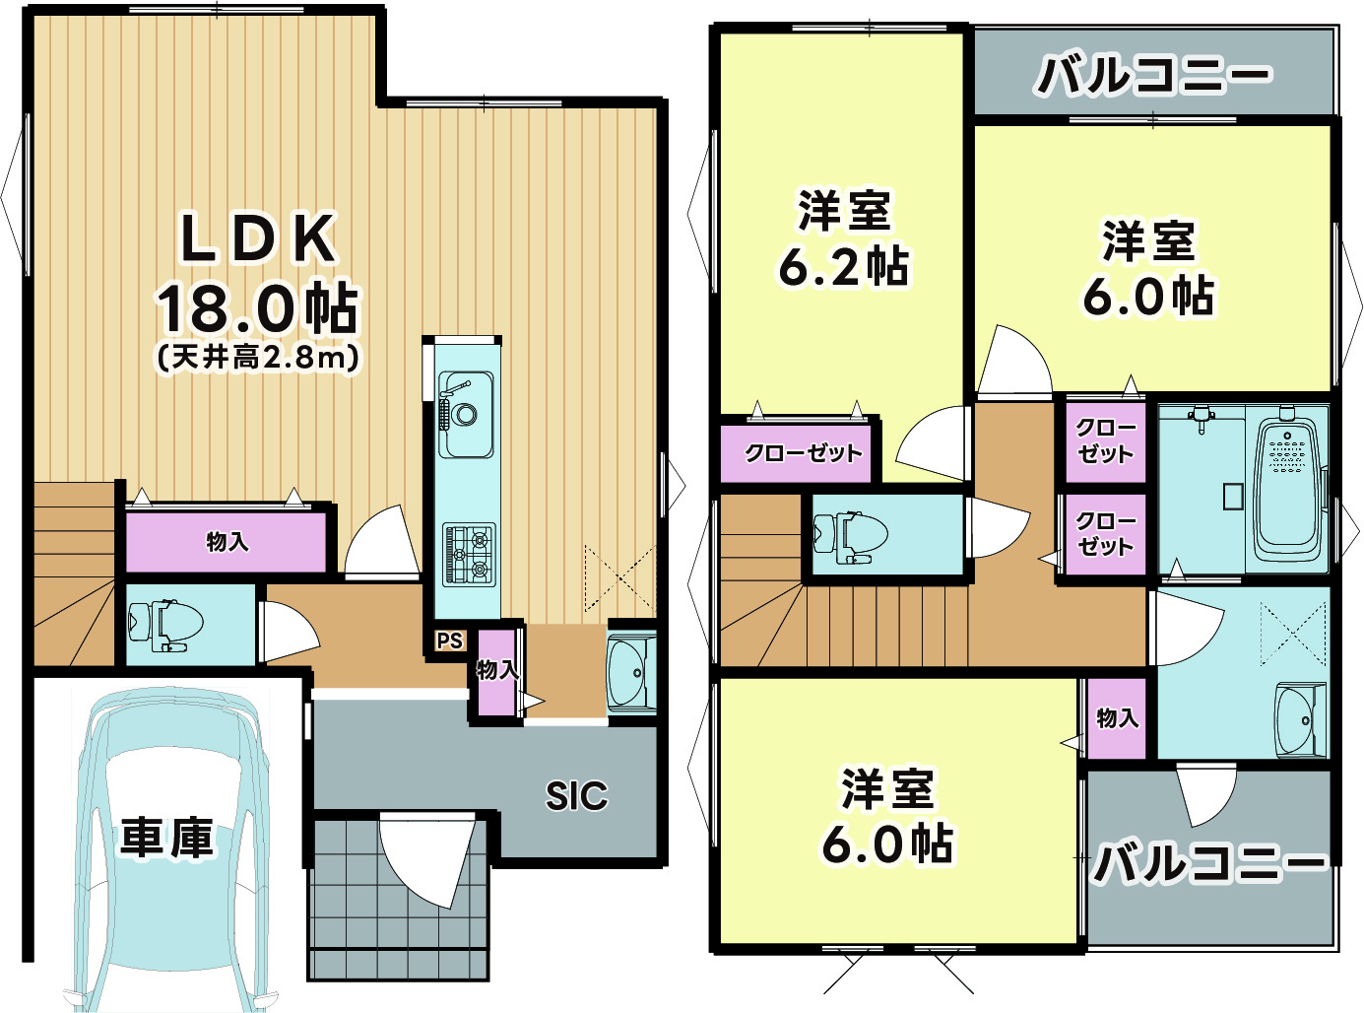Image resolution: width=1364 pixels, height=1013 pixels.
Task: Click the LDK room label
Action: (x=258, y=238)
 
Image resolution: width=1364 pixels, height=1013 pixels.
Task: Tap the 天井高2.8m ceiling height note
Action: (x=258, y=356)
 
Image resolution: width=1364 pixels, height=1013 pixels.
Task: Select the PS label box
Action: (x=449, y=641)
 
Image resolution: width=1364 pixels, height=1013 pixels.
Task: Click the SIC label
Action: (x=576, y=795)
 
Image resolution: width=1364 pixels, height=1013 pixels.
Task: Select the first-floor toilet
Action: (x=164, y=625)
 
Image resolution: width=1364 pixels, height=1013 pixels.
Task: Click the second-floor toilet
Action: (x=849, y=535)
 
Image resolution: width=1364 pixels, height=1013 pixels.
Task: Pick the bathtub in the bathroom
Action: (x=1286, y=488)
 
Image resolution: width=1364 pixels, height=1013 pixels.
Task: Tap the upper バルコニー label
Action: (x=1152, y=75)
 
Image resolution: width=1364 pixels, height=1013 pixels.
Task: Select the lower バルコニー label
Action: (x=1209, y=863)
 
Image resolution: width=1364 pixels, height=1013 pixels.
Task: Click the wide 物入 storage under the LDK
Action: (x=227, y=542)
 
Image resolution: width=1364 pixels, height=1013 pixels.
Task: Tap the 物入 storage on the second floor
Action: (x=1117, y=718)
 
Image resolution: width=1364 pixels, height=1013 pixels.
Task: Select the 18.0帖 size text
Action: (x=258, y=307)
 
